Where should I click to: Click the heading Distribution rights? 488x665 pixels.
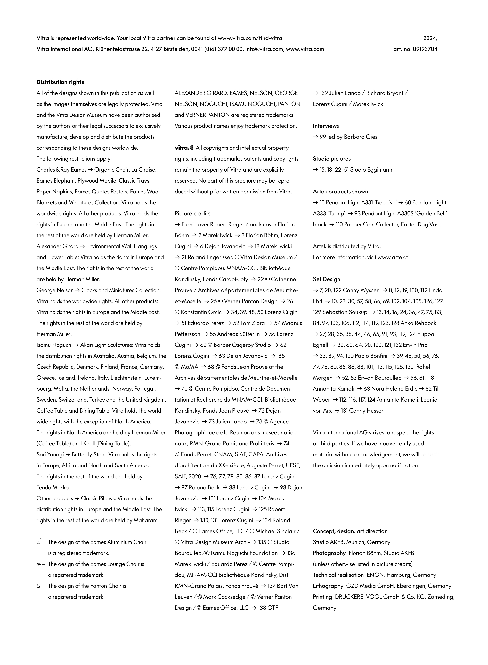point(60,82)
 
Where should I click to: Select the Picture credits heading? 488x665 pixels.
point(193,213)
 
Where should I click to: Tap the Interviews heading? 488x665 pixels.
point(326,126)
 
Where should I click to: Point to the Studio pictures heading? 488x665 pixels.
point(332,159)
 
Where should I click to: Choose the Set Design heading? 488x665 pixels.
point(326,279)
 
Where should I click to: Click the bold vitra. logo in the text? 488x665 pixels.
point(182,148)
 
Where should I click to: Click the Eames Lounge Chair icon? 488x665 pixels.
point(40,564)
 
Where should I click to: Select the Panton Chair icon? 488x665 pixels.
point(38,586)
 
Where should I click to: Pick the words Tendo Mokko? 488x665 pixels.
point(53,487)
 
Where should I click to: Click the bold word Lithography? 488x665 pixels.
point(328,586)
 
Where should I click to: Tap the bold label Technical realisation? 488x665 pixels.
point(338,575)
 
